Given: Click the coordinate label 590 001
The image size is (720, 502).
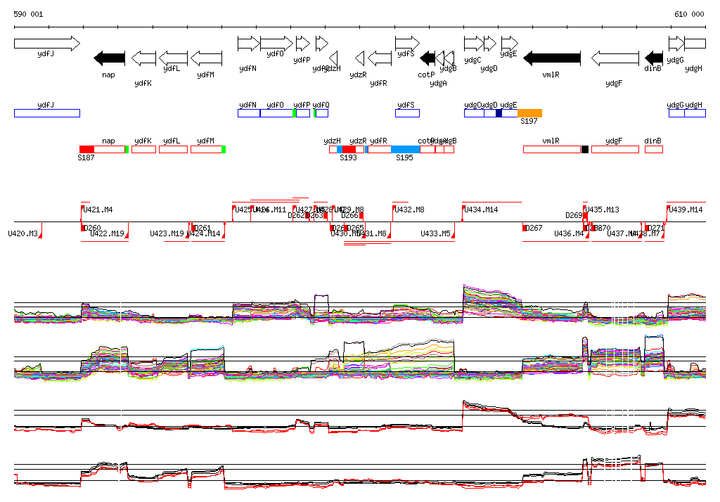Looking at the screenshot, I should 28,14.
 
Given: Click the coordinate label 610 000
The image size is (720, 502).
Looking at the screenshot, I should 689,14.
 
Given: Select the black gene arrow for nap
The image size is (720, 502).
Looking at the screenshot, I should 110,58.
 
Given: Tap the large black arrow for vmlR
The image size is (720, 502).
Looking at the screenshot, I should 552,58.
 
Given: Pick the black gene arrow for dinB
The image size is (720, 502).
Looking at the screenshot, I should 654,58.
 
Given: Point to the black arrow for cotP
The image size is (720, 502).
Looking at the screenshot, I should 427,58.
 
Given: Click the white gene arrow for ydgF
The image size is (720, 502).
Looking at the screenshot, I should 615,58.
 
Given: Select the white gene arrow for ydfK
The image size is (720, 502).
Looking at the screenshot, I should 143,58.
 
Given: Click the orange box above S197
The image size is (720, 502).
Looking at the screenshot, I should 529,113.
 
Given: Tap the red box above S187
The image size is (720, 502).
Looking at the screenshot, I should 86,149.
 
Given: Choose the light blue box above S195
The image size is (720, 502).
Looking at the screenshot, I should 405,149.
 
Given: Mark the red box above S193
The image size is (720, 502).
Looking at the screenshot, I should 349,149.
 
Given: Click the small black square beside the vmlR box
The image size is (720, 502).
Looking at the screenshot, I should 585,149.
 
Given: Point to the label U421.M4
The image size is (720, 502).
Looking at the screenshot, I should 98,210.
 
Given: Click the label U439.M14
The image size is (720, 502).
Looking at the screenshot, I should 686,210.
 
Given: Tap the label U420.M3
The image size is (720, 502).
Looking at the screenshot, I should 22,233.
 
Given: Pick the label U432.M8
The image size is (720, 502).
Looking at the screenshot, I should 409,210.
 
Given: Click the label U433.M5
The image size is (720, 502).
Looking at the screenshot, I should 435,233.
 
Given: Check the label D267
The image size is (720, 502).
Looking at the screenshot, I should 534,228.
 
